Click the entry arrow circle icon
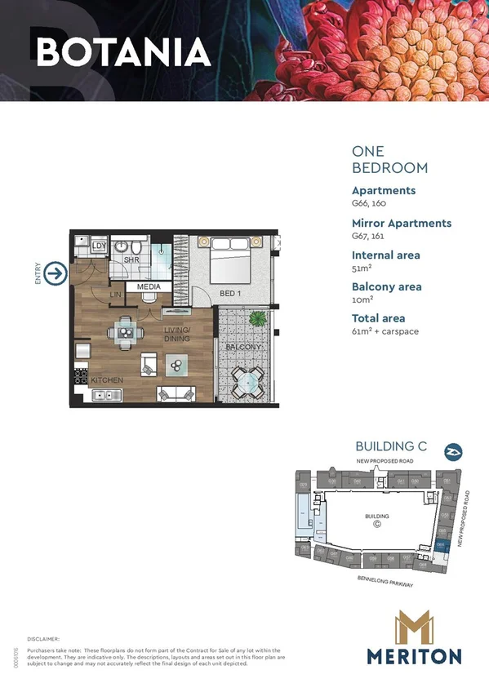click(56, 273)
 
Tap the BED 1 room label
click(231, 293)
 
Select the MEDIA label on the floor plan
click(149, 287)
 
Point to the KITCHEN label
click(107, 381)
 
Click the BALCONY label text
click(243, 348)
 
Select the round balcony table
click(246, 379)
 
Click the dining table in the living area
click(127, 332)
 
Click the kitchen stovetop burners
click(81, 377)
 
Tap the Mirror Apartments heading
click(401, 223)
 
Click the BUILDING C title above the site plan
click(391, 446)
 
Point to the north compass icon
click(451, 450)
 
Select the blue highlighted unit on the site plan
click(441, 544)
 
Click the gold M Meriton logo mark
click(413, 628)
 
